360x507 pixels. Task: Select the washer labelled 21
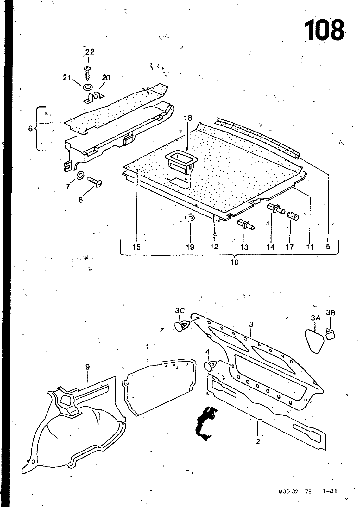click(x=88, y=87)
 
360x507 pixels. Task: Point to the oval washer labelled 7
click(x=80, y=175)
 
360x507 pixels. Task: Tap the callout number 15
click(x=136, y=247)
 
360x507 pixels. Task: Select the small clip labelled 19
click(x=190, y=218)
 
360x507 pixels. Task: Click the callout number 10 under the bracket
click(x=234, y=262)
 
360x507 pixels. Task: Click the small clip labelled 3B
click(x=331, y=333)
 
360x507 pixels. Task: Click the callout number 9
click(x=87, y=367)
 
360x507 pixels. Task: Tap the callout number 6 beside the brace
click(x=30, y=128)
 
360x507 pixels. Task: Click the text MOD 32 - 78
click(x=295, y=491)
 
